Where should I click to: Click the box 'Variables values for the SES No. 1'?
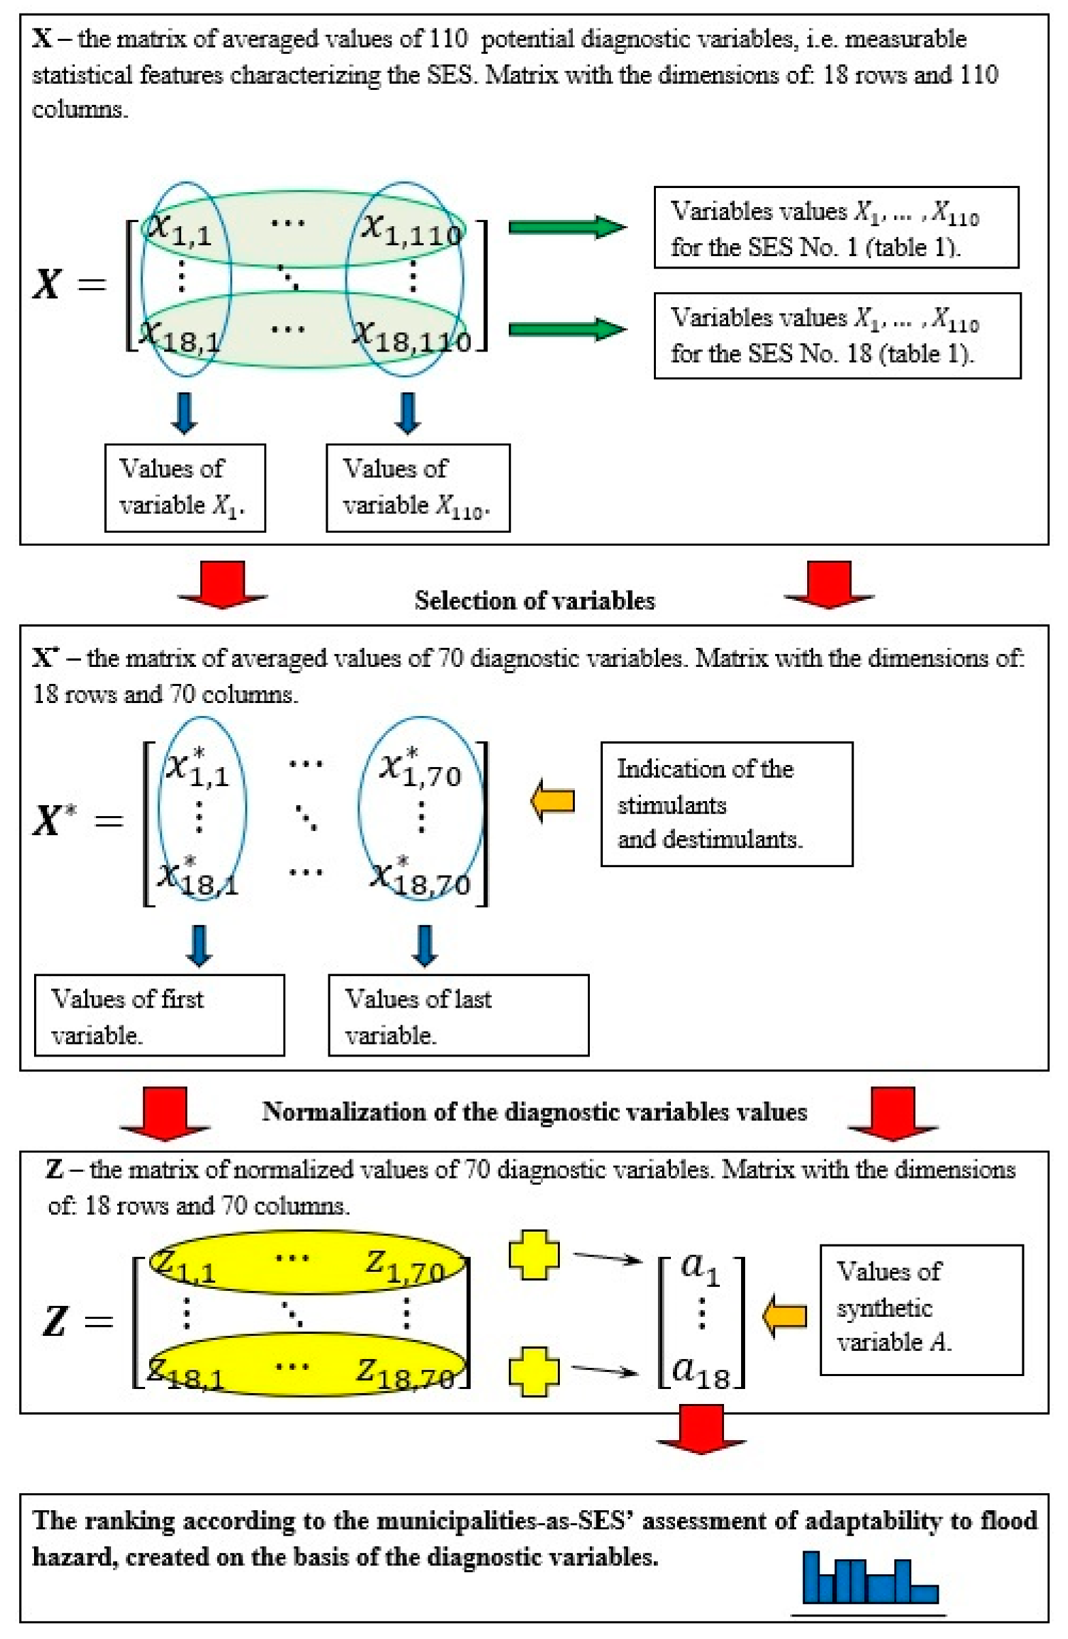click(835, 228)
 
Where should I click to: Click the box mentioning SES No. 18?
click(836, 335)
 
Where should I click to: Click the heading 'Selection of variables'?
click(535, 601)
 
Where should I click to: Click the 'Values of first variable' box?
click(159, 1015)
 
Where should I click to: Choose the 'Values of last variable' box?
click(458, 1015)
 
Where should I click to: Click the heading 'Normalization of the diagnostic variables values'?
click(535, 1112)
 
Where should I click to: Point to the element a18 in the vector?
click(700, 1370)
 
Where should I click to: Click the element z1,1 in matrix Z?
click(183, 1266)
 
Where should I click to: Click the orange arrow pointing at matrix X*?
click(553, 800)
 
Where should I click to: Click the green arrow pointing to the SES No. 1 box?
click(567, 227)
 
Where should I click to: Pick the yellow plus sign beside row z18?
click(533, 1371)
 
